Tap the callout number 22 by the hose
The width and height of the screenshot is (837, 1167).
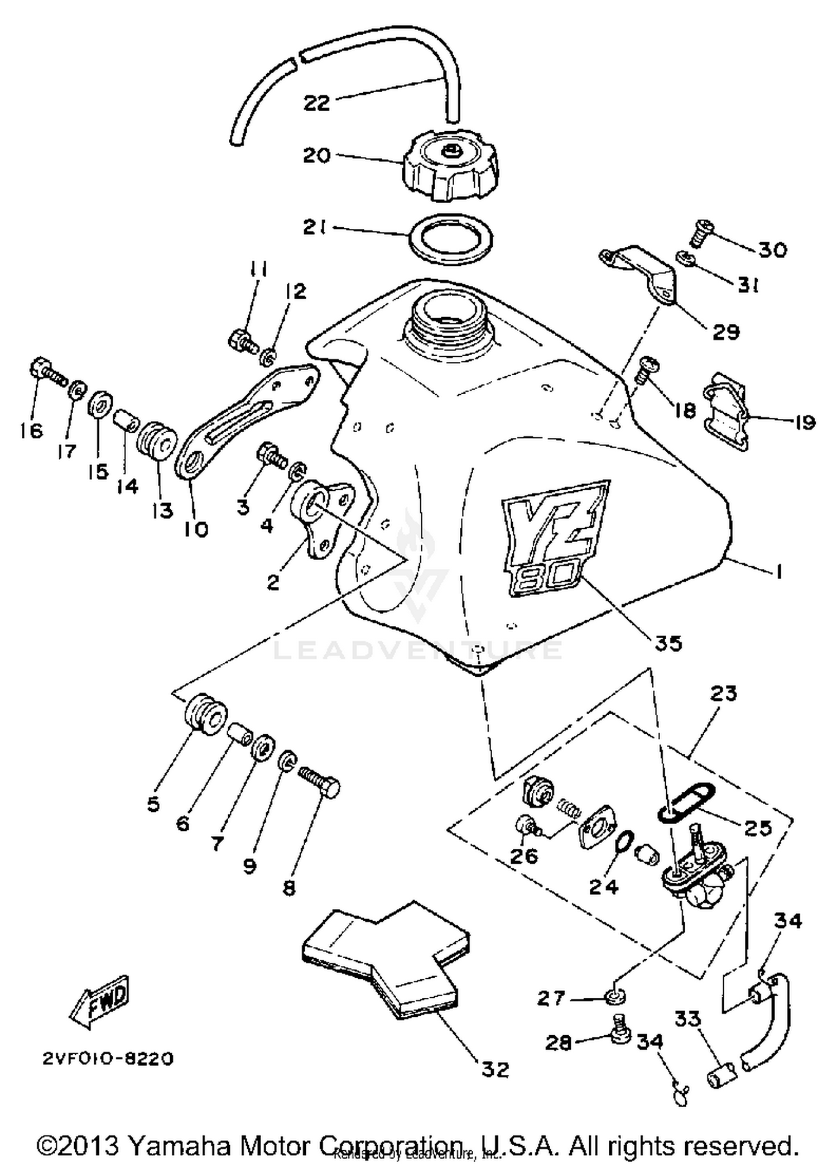click(x=316, y=103)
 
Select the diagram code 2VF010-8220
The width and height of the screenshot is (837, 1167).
click(x=108, y=1059)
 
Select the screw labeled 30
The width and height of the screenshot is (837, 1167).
click(x=700, y=234)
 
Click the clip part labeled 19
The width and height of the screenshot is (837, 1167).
click(x=725, y=413)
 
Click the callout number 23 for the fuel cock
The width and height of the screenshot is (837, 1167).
click(x=724, y=694)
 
